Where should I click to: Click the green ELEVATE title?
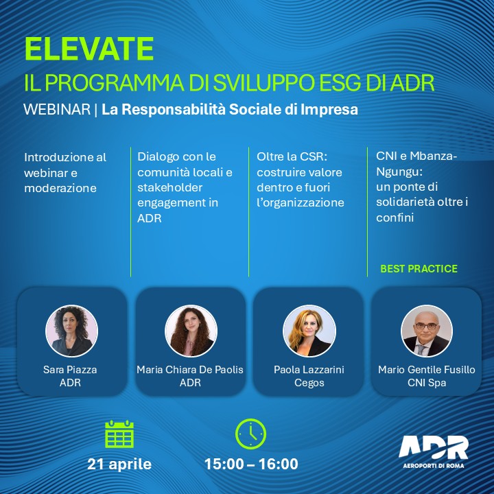pyautogui.click(x=89, y=49)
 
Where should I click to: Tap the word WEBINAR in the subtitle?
pyautogui.click(x=57, y=109)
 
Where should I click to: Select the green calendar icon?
pyautogui.click(x=119, y=434)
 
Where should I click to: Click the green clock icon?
pyautogui.click(x=251, y=434)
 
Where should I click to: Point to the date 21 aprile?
pyautogui.click(x=119, y=464)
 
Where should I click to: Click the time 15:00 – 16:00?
pyautogui.click(x=251, y=464)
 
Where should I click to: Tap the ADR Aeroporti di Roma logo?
pyautogui.click(x=434, y=451)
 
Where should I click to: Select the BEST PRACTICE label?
pyautogui.click(x=419, y=268)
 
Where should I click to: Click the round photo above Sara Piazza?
pyautogui.click(x=72, y=331)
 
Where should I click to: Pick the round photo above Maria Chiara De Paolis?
pyautogui.click(x=191, y=331)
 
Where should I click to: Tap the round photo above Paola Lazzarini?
pyautogui.click(x=309, y=331)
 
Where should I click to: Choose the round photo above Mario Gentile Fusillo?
pyautogui.click(x=427, y=331)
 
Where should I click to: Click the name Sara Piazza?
pyautogui.click(x=70, y=369)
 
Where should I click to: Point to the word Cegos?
pyautogui.click(x=309, y=383)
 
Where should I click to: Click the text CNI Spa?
pyautogui.click(x=427, y=382)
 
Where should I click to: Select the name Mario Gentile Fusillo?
pyautogui.click(x=427, y=369)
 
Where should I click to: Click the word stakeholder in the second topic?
pyautogui.click(x=170, y=187)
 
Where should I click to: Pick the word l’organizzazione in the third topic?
pyautogui.click(x=301, y=203)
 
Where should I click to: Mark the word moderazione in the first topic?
pyautogui.click(x=60, y=188)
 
